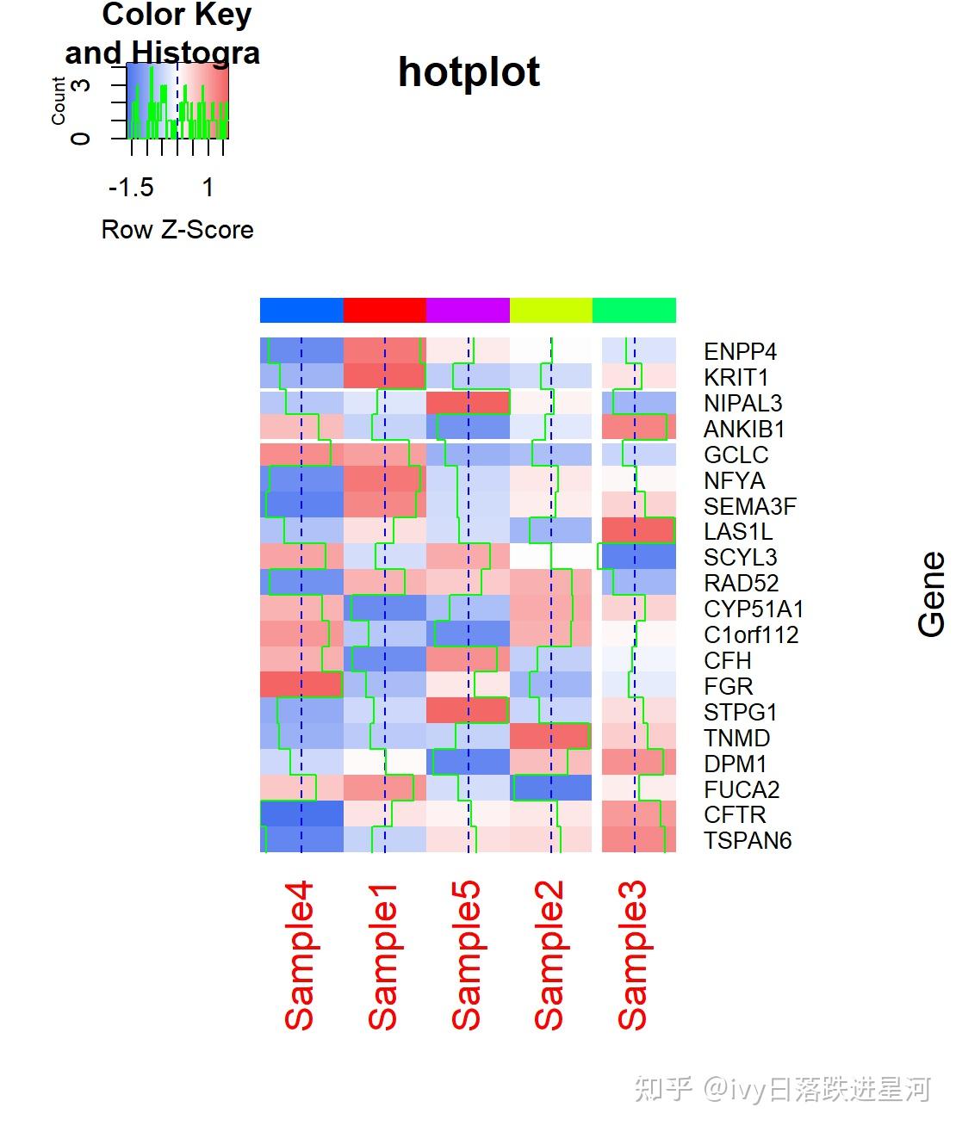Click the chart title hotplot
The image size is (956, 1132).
click(x=469, y=72)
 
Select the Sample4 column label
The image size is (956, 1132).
click(x=300, y=956)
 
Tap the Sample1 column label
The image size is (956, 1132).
click(x=383, y=956)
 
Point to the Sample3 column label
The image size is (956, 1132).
click(x=633, y=956)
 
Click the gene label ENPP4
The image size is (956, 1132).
click(x=740, y=352)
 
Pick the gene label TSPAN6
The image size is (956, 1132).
click(x=747, y=841)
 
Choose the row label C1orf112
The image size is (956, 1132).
click(x=751, y=635)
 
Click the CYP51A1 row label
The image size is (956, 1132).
click(x=754, y=609)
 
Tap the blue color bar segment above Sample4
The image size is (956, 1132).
click(x=301, y=310)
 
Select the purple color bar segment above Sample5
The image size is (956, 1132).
click(x=468, y=310)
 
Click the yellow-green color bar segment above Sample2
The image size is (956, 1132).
click(x=551, y=310)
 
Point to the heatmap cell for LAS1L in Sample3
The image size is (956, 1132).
click(x=637, y=530)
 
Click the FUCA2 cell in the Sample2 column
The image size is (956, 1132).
click(x=551, y=788)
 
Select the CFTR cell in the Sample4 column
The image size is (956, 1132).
click(x=301, y=813)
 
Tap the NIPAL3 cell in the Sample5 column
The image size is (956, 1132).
click(x=468, y=403)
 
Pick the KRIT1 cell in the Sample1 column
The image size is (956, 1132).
click(x=384, y=376)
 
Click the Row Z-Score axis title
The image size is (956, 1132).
click(x=177, y=230)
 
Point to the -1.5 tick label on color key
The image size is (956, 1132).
click(x=131, y=188)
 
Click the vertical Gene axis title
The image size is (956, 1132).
click(x=932, y=595)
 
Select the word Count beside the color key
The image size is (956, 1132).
click(x=59, y=101)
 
